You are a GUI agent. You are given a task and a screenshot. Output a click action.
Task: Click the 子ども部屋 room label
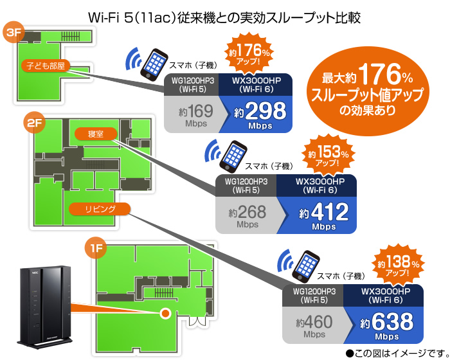46,65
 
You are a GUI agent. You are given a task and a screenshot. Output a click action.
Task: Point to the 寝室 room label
94,134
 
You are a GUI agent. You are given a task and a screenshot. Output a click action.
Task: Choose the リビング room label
100,209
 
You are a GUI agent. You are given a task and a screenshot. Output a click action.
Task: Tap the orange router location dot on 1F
165,313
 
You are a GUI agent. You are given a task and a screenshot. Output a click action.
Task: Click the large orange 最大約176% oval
366,92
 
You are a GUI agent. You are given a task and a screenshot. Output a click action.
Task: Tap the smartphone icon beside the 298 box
154,64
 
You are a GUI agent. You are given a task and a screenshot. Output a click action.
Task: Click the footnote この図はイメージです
396,352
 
